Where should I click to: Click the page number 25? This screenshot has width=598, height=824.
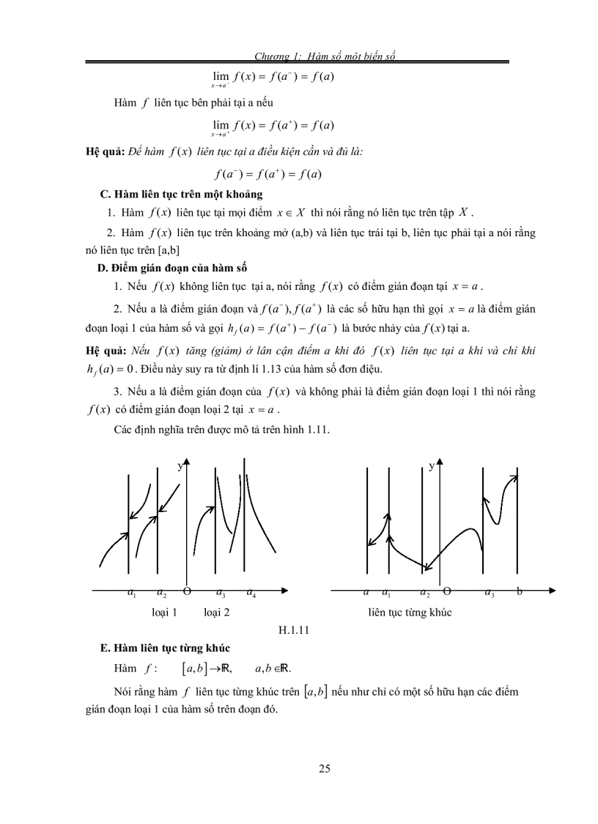(x=325, y=768)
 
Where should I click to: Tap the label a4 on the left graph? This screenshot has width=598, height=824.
(x=251, y=593)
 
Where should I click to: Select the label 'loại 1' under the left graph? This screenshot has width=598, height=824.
(x=163, y=612)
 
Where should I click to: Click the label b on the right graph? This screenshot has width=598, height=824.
(x=519, y=591)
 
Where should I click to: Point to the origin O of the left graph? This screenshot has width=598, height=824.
(x=187, y=591)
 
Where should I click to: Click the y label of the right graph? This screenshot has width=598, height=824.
(x=432, y=465)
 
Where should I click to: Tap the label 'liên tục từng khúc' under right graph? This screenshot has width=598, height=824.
(x=410, y=612)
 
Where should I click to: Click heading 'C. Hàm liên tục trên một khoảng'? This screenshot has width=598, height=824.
(x=180, y=194)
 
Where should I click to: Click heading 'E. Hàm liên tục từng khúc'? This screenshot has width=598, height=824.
(x=165, y=649)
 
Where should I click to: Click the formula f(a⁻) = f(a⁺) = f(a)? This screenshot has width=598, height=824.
(x=267, y=174)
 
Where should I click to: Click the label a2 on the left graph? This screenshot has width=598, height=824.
(x=162, y=593)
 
